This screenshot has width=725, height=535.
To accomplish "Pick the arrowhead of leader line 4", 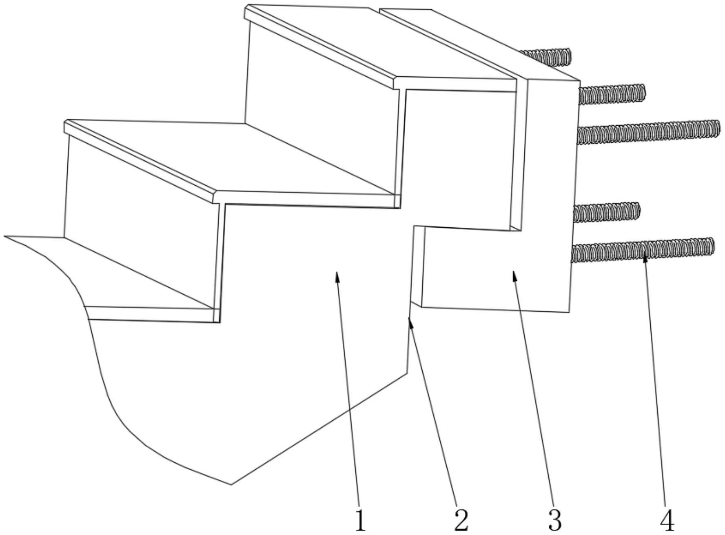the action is click(645, 256).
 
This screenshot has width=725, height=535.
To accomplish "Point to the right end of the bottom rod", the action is click(712, 246).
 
